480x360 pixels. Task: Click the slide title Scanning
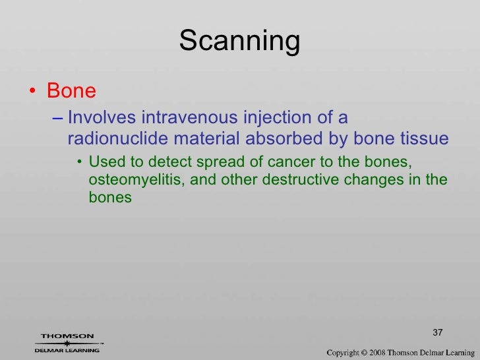(x=239, y=42)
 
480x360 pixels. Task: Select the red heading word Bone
(x=71, y=91)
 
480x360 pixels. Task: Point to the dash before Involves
(x=57, y=119)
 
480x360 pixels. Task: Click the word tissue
(x=424, y=139)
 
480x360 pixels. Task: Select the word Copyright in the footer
(x=349, y=353)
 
